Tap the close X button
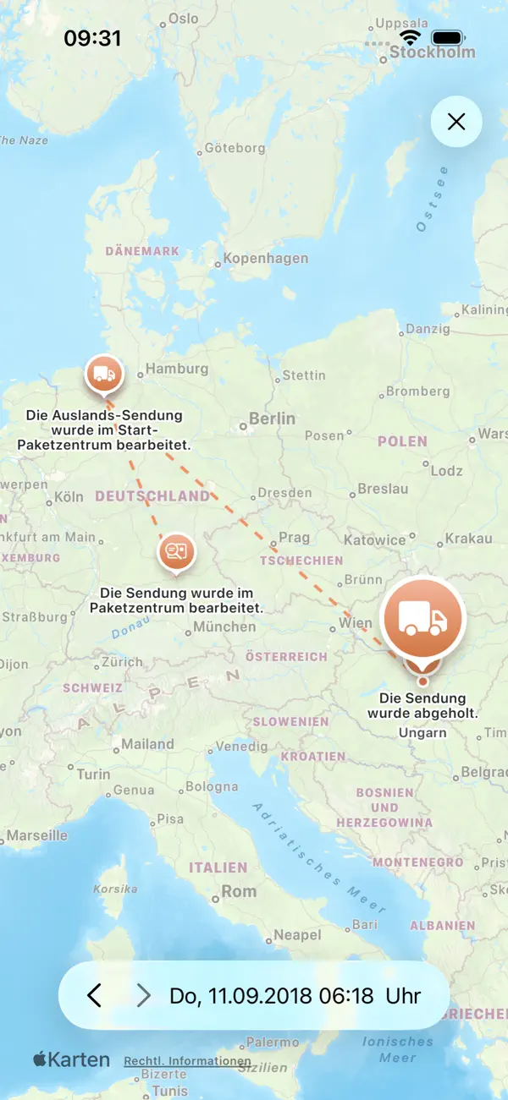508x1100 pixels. tap(456, 122)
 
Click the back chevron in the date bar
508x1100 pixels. tap(94, 995)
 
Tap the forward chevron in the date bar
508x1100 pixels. tap(144, 995)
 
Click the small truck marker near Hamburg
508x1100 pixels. tap(103, 374)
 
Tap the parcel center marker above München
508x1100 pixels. tap(176, 552)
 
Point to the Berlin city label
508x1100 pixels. tap(272, 419)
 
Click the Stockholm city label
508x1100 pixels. tap(432, 52)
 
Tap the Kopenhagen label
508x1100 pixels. tap(265, 259)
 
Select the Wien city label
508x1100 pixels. tap(355, 623)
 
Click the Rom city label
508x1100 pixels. tap(239, 891)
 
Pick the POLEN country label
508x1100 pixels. tap(403, 441)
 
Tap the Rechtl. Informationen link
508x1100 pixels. tap(187, 1061)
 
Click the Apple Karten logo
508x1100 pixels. tap(71, 1059)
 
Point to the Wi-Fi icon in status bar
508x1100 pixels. tap(411, 38)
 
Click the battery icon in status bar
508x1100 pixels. tap(448, 38)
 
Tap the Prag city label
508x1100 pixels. tap(294, 538)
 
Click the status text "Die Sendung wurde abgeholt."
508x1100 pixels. tap(422, 706)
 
